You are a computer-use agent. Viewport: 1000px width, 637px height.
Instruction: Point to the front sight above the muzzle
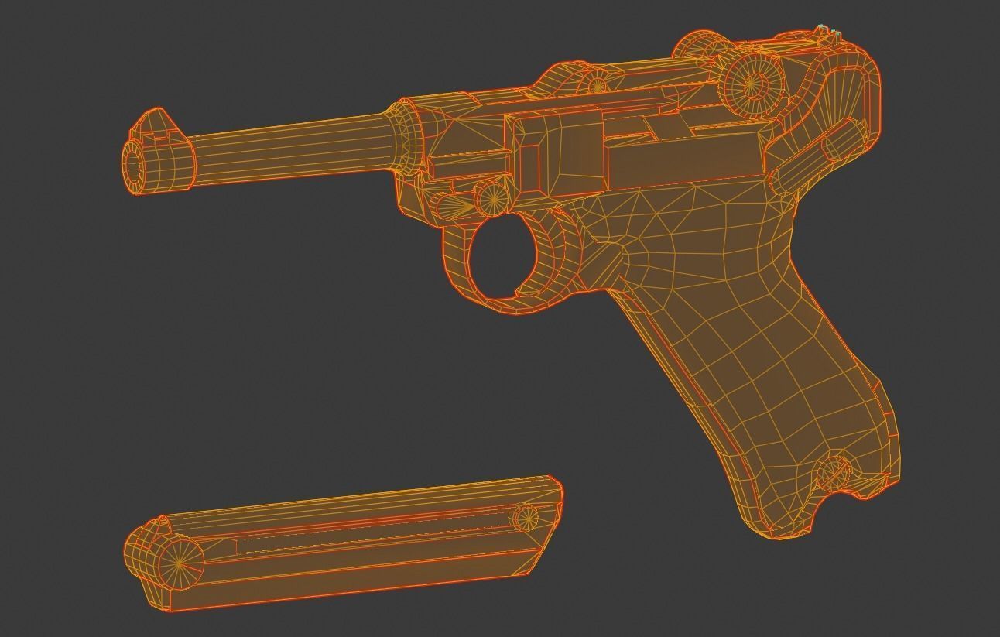(155, 124)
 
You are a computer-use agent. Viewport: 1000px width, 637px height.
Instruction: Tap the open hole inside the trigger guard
(502, 258)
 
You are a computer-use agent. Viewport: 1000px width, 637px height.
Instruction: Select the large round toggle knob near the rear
(753, 83)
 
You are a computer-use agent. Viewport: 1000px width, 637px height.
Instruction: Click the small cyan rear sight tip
(824, 29)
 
